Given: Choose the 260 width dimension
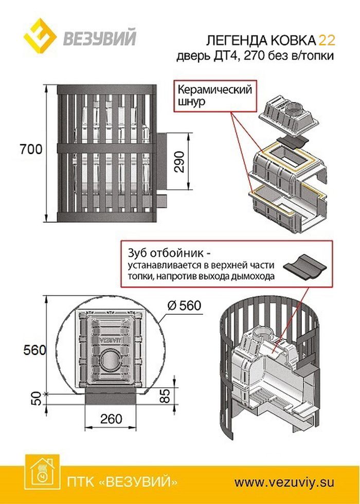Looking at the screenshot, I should pos(111,419).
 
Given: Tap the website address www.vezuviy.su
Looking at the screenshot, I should pos(284,482).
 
